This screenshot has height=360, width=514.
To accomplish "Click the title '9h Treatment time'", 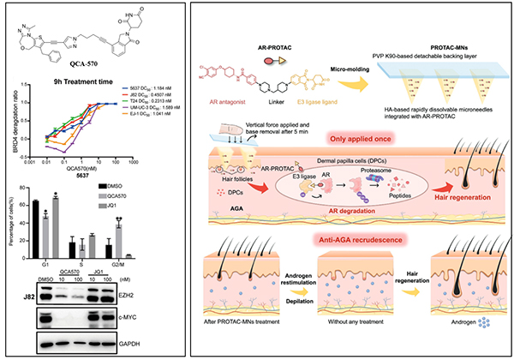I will [x=93, y=86].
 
